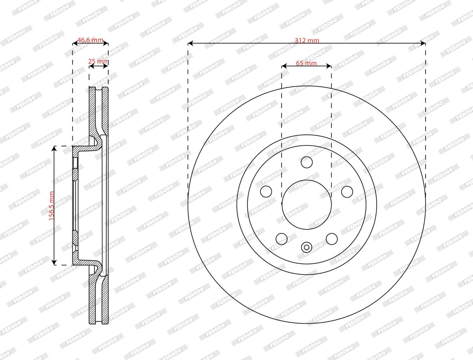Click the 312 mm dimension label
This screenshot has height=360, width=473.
click(307, 40)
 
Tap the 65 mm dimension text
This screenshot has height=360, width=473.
click(306, 63)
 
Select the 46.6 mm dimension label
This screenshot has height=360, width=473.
click(90, 40)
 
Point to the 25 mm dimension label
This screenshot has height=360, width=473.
click(98, 61)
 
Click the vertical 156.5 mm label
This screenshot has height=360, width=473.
click(51, 206)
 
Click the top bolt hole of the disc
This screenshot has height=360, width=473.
click(307, 162)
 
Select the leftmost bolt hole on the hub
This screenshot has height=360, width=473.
click(266, 191)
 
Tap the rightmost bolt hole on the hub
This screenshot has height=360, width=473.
click(347, 192)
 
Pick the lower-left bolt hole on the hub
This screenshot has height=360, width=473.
click(282, 239)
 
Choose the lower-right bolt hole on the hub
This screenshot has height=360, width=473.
click(332, 239)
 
